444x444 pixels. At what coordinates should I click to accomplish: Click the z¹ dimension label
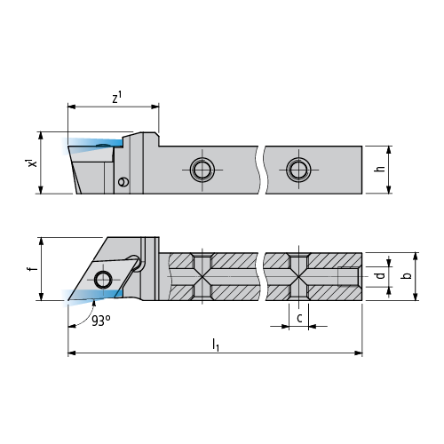pos(117,98)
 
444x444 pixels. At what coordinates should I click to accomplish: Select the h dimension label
pos(380,168)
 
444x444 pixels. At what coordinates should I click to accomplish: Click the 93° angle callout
pos(101,321)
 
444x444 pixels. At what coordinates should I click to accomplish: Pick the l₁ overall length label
pos(216,345)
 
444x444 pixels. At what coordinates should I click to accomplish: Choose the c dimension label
pos(299,318)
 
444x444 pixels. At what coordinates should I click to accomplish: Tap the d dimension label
pos(380,275)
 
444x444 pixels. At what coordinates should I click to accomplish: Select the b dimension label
pos(408,275)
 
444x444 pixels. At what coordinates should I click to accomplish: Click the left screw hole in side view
pos(202,170)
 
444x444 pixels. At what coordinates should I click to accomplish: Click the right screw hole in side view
pos(298,170)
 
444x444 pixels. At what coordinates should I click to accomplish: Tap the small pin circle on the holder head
pos(123,181)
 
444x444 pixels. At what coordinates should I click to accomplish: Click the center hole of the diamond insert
pos(103,280)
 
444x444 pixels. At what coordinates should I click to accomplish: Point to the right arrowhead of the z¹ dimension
pos(155,107)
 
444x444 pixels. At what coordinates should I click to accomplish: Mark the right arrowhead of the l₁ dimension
pos(359,353)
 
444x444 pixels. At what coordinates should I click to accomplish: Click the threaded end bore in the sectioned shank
pos(349,276)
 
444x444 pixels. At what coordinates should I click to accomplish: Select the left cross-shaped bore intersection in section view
pos(202,276)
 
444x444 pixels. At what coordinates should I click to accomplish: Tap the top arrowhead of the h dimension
pos(389,150)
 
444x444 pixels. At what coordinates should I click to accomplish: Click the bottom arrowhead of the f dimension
pos(42,297)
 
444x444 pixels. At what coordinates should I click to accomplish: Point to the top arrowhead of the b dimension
pos(416,257)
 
